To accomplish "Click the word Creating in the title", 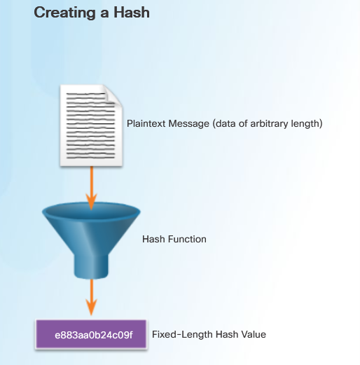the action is [x=64, y=13].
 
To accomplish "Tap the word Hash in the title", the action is [x=132, y=12].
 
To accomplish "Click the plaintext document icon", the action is [x=91, y=125].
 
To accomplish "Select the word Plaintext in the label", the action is [x=146, y=123].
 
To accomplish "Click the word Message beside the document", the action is [x=188, y=124].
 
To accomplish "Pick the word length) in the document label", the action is [x=307, y=124].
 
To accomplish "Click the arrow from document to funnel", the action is [x=92, y=188].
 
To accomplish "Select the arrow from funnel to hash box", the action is [x=92, y=297].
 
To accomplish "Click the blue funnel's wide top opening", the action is [x=91, y=212].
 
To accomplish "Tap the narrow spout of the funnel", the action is [x=91, y=266].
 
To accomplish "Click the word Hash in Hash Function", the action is [x=153, y=239].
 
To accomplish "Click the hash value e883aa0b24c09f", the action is [x=94, y=335].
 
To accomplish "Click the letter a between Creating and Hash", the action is [x=104, y=14].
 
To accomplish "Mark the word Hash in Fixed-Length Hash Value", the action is [x=227, y=334].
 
